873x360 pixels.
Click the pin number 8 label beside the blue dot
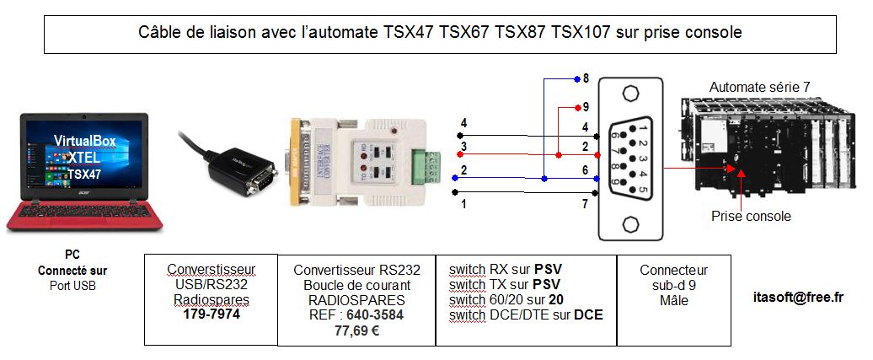coord(586,78)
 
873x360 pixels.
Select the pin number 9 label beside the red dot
coord(586,108)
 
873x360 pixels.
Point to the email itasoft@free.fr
coord(797,297)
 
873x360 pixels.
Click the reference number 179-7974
coord(211,314)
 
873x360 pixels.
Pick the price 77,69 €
coord(356,330)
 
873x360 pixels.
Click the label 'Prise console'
coord(752,217)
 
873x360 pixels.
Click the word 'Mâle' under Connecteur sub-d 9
coord(673,300)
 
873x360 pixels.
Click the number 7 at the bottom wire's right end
coord(583,203)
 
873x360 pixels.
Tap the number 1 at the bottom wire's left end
coord(462,203)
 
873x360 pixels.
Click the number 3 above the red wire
coord(463,148)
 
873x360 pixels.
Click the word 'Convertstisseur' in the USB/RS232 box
coord(211,270)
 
